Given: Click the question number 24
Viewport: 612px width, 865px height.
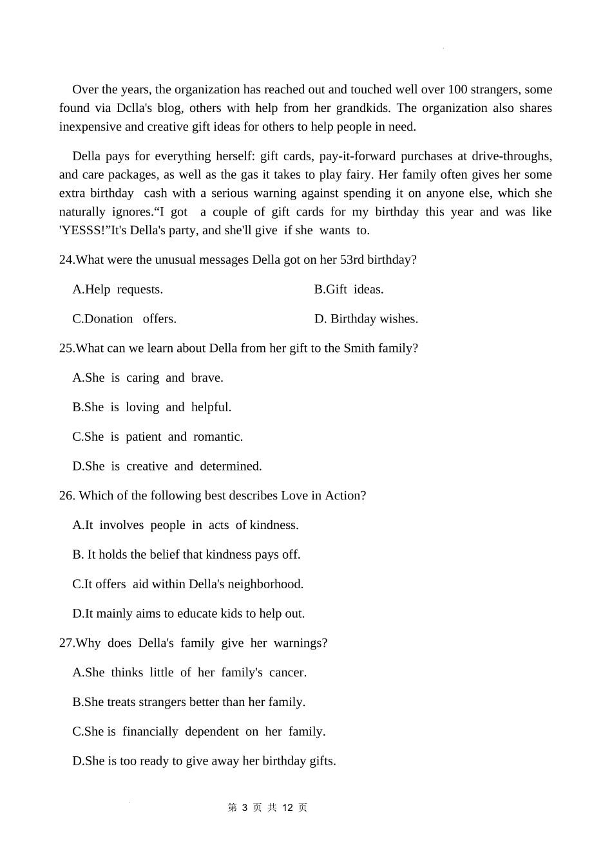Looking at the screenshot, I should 66,260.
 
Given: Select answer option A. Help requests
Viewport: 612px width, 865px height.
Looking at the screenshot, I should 117,290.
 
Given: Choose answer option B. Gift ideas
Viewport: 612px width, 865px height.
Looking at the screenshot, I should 349,290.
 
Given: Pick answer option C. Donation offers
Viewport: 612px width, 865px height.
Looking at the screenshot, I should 124,319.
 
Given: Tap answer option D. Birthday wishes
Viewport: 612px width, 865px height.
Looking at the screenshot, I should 366,319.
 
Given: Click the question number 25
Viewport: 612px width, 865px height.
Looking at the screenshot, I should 66,349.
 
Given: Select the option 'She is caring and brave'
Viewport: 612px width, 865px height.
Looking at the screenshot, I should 148,378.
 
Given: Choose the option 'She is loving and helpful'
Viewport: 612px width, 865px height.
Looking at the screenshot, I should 151,407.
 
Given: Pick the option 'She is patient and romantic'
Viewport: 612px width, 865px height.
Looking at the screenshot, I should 157,437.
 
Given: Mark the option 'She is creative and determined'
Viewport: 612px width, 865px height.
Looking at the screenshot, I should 167,467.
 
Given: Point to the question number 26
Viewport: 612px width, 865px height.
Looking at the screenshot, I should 66,496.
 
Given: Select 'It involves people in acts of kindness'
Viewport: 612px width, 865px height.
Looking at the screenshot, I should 186,525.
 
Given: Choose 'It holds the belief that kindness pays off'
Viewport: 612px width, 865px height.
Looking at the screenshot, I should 186,555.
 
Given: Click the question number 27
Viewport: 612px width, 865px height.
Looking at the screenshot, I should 66,643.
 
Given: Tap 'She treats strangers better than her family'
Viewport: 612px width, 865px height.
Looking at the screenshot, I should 189,702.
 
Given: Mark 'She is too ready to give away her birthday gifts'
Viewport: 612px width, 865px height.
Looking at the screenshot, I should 204,761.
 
